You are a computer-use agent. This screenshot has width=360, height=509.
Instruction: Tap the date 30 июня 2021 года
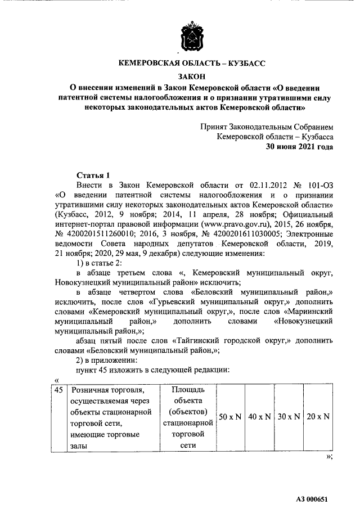click(299, 147)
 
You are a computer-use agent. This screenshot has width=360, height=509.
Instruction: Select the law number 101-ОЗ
click(317, 185)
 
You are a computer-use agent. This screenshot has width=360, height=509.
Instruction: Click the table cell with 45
click(58, 390)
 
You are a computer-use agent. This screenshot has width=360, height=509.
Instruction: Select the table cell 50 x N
click(230, 417)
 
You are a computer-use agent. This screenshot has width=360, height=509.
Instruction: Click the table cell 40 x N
click(260, 417)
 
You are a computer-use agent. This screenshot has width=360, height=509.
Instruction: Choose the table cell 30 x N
click(289, 417)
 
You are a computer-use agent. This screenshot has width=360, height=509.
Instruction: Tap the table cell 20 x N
click(318, 417)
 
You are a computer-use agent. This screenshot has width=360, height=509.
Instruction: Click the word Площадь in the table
click(187, 390)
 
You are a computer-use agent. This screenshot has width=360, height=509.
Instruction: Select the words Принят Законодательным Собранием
click(267, 127)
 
